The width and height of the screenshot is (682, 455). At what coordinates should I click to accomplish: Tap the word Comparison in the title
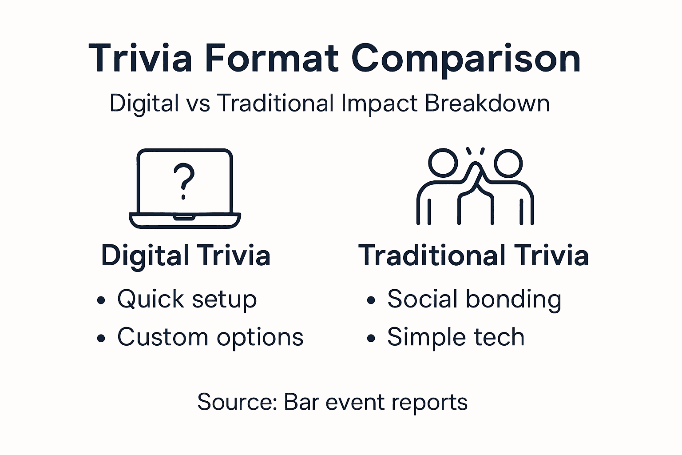coord(466,59)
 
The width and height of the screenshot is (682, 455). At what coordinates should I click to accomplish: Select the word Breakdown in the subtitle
coord(487,103)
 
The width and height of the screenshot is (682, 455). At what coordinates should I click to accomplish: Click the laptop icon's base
coord(185,220)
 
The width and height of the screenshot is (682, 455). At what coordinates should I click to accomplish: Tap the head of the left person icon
coord(443,163)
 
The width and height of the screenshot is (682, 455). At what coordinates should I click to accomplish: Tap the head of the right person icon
coord(508,163)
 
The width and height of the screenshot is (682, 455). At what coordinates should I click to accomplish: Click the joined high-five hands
coord(476,176)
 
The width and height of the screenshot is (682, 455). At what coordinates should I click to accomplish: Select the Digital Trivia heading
coord(186,255)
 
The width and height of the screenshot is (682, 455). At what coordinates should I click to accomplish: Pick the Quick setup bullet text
coord(187,299)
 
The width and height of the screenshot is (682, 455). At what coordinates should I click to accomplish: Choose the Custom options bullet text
coord(210,337)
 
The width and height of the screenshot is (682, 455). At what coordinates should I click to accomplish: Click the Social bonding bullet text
coord(474,299)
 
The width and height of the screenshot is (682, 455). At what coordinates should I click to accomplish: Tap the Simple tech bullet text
coord(456,337)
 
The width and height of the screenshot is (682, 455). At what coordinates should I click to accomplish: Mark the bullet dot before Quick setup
coord(101,300)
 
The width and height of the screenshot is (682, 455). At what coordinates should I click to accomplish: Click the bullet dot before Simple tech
coord(371,338)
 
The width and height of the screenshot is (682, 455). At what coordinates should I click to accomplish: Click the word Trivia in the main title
coord(141,58)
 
